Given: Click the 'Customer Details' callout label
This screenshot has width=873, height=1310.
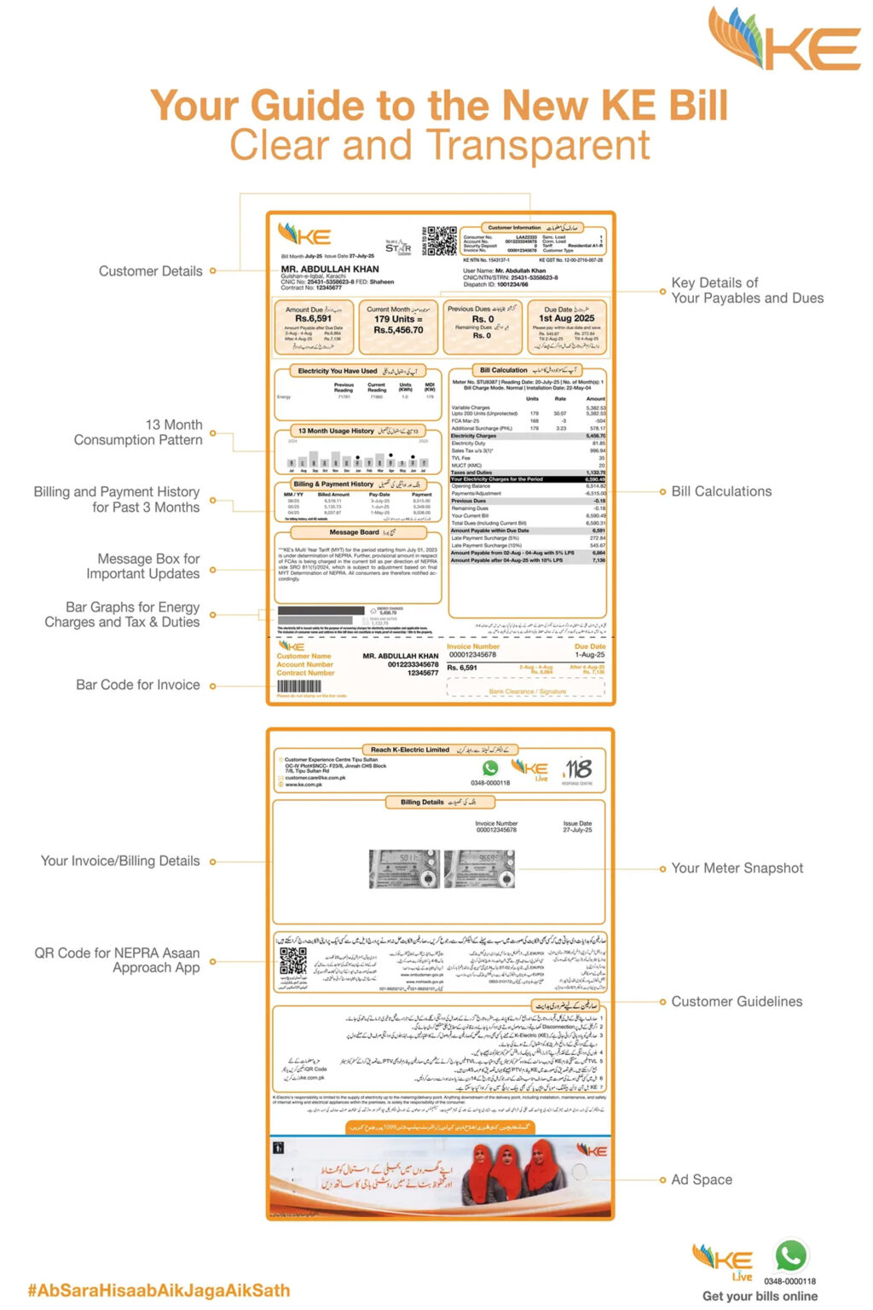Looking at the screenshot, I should [x=150, y=271].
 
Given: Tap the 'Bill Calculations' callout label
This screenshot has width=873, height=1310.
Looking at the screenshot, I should [x=721, y=491].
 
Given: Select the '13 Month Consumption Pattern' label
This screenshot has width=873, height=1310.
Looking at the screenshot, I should [x=138, y=432].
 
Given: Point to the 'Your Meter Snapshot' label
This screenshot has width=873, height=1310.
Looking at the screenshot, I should [x=737, y=868].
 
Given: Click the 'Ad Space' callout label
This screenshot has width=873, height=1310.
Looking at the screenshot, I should [x=701, y=1180].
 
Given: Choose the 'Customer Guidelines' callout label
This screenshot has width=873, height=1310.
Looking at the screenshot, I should [x=737, y=1001].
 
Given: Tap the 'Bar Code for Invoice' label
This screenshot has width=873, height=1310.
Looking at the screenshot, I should [x=138, y=685].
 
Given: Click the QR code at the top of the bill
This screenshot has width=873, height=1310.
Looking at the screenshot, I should [x=442, y=241].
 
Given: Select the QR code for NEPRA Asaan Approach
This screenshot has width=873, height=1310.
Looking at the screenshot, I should [x=292, y=961].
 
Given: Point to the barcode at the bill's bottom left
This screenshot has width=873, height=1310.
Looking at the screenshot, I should [x=298, y=687].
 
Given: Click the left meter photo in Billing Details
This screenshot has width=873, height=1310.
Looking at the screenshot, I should [x=404, y=869].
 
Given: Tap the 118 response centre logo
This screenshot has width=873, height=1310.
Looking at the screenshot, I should [x=577, y=769].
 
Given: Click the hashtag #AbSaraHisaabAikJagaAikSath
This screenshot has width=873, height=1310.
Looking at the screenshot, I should [x=159, y=1290].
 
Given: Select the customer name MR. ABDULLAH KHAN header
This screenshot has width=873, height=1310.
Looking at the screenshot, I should [x=330, y=269].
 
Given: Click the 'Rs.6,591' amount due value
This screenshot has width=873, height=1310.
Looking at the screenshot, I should [x=313, y=319].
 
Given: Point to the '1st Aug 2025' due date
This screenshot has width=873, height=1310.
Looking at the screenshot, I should [x=567, y=318].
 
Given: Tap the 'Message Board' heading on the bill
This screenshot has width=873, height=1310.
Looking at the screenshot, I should [x=354, y=532].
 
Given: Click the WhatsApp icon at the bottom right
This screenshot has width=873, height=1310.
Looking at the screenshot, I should [x=790, y=1256].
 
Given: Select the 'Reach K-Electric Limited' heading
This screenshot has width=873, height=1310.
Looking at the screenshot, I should [x=410, y=750].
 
